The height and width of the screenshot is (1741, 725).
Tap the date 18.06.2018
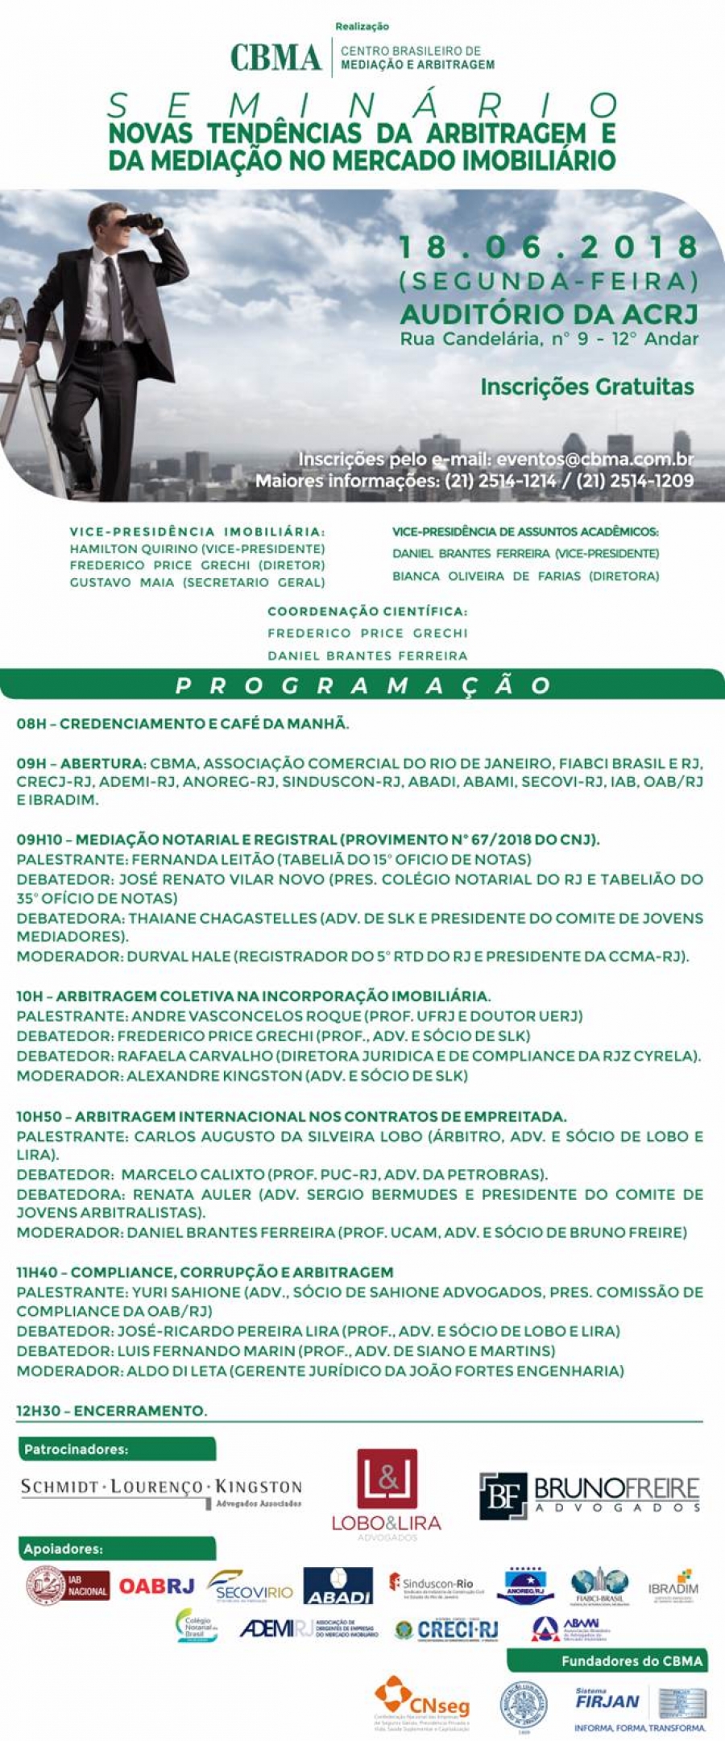(x=549, y=247)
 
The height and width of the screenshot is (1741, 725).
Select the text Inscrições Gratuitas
(x=586, y=387)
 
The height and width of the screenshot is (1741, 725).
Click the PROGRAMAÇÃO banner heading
(x=362, y=685)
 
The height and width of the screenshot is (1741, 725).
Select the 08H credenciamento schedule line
(x=183, y=724)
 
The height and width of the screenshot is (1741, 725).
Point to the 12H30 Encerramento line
(x=112, y=1410)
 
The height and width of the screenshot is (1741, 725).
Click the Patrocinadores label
(x=77, y=1449)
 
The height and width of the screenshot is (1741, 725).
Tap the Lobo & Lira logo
(x=387, y=1494)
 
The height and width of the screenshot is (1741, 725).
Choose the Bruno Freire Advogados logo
(x=590, y=1496)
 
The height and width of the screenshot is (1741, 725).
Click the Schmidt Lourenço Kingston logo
(x=161, y=1490)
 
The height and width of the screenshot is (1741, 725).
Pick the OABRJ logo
(x=157, y=1586)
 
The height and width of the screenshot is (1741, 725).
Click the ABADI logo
(x=338, y=1586)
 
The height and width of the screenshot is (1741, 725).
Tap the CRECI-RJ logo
(x=448, y=1630)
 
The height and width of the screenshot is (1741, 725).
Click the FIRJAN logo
(x=607, y=1701)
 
